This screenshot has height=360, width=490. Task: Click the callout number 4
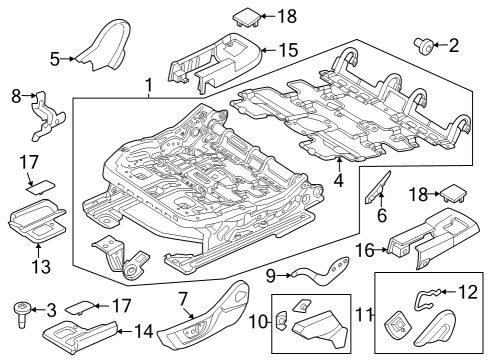pyautogui.click(x=338, y=181)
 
